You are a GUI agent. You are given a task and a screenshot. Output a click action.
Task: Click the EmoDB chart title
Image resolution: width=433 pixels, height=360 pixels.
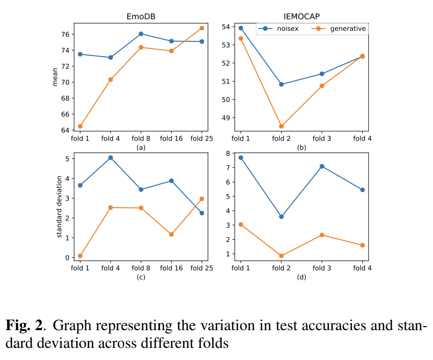tap(141, 17)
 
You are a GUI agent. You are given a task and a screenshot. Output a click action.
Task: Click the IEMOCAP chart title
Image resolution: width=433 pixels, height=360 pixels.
tap(301, 17)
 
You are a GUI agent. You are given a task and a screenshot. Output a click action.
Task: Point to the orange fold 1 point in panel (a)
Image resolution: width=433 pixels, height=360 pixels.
tap(80, 126)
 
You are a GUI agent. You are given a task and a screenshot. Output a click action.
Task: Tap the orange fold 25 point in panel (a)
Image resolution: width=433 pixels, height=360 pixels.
tap(202, 28)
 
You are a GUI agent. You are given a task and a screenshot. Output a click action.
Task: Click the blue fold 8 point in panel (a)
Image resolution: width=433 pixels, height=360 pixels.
tap(141, 34)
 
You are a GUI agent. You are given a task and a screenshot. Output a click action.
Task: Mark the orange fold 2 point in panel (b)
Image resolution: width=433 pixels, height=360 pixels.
tap(281, 126)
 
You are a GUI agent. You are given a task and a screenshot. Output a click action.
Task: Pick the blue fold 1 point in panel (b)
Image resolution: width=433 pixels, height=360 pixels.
tap(241, 28)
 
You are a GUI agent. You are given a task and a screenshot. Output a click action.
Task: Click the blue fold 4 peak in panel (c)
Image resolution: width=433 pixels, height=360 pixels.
tap(110, 158)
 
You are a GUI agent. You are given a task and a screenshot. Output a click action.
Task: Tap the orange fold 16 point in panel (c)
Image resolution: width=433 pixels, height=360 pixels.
tap(171, 235)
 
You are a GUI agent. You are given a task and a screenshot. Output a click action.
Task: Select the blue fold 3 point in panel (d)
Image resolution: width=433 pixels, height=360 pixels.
tap(322, 166)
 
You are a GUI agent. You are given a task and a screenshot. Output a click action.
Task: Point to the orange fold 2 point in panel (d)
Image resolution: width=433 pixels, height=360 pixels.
tap(281, 256)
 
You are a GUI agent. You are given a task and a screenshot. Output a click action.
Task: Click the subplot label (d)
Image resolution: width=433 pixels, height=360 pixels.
tap(301, 277)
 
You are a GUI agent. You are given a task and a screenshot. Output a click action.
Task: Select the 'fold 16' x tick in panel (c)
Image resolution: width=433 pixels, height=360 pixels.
tap(171, 268)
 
